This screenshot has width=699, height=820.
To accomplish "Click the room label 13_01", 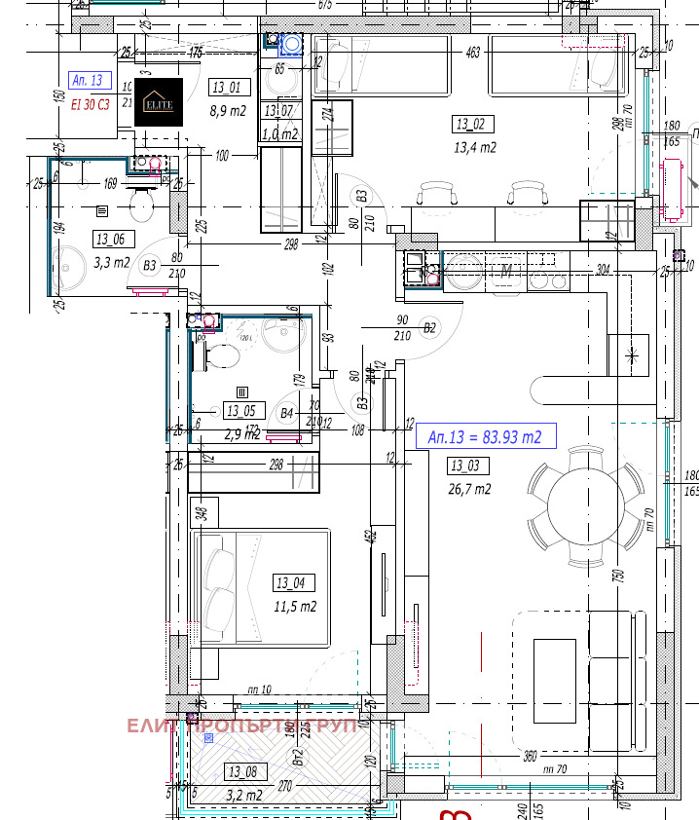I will [226, 88].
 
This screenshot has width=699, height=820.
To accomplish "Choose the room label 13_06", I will [109, 239].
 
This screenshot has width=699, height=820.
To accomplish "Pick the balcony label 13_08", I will [242, 772].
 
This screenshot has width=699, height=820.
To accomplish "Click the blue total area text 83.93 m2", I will [485, 436].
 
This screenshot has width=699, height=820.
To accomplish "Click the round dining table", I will [586, 504].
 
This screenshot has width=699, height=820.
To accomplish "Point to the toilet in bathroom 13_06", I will [142, 203].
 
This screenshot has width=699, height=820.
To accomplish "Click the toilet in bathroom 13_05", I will [223, 356].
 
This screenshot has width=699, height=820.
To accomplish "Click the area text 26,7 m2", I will [469, 489].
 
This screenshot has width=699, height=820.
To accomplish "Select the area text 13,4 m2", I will [475, 148].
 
